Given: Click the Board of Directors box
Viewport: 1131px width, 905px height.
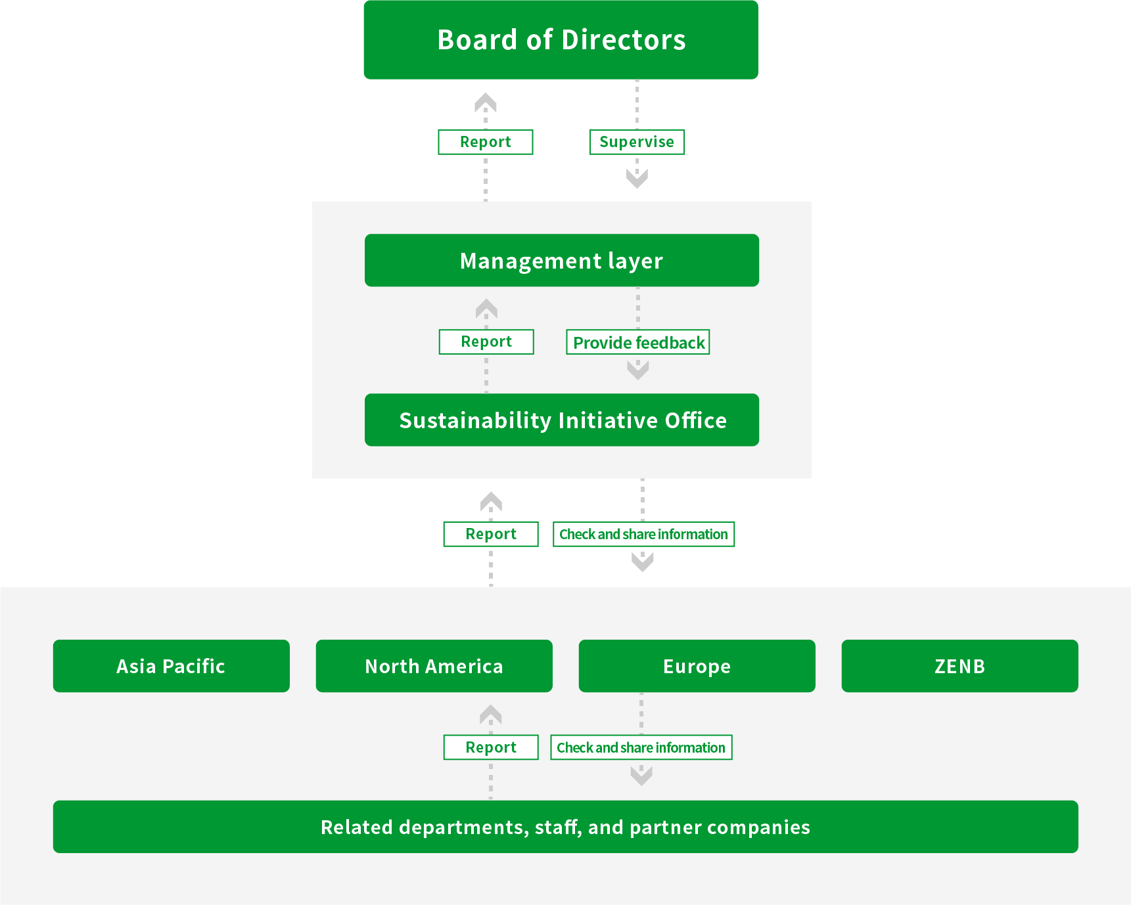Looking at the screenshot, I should (x=561, y=39).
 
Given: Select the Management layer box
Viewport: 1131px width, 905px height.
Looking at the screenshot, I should (x=561, y=261).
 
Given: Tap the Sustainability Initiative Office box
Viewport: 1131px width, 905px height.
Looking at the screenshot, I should (x=561, y=420).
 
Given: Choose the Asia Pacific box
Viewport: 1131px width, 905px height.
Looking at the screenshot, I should (x=171, y=666).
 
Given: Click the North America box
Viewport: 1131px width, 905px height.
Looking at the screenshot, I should (x=434, y=666).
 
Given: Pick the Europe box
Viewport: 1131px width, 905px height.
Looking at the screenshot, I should (x=697, y=666).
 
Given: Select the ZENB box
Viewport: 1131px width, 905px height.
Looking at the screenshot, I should (x=959, y=666).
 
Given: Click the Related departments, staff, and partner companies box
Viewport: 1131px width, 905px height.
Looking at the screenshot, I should (x=565, y=827).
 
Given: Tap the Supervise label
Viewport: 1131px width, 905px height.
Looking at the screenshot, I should (x=637, y=142).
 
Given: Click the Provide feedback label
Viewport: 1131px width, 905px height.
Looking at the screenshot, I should (x=638, y=342).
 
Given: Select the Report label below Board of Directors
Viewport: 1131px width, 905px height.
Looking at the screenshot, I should (x=486, y=142).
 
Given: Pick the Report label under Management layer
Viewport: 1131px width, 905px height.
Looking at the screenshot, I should (x=486, y=342).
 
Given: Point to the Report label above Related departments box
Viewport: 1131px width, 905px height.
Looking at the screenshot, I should (x=491, y=747).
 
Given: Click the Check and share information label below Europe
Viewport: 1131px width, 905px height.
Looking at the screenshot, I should (x=641, y=747).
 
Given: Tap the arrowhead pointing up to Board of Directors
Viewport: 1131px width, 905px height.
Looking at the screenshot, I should (x=486, y=102).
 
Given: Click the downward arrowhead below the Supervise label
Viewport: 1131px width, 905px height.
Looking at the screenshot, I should (x=637, y=178).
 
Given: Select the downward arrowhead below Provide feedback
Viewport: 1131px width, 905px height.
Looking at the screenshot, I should (x=638, y=370).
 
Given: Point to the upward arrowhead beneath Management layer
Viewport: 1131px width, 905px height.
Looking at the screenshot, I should (x=486, y=308).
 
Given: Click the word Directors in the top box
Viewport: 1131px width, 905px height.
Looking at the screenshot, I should (x=624, y=40).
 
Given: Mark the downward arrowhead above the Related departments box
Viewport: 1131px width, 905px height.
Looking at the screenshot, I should (x=641, y=776).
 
